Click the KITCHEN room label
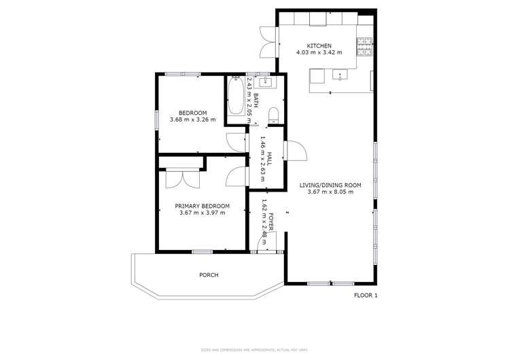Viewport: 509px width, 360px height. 321,46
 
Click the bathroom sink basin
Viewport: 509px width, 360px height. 266,83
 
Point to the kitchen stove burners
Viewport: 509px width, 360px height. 366,46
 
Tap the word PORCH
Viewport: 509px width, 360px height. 209,275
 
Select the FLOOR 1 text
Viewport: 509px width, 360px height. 366,295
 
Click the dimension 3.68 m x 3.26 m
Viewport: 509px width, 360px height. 192,120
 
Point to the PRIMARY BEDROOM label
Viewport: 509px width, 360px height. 202,206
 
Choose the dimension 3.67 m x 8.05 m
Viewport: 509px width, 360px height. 333,192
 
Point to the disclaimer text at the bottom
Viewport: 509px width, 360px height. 254,350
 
